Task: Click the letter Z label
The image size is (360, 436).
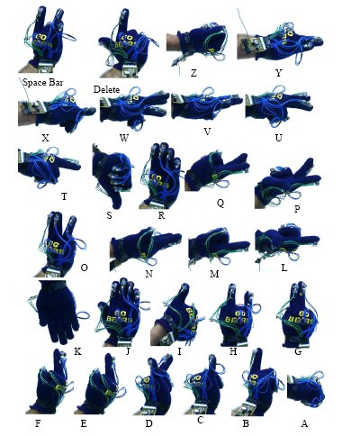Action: (193, 73)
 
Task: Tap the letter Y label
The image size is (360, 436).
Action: (279, 73)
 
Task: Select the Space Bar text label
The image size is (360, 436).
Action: (43, 82)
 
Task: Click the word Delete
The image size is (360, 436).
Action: (106, 89)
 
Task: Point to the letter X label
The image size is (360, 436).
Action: (45, 138)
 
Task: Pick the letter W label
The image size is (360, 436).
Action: (124, 138)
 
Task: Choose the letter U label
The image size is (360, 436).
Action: (279, 138)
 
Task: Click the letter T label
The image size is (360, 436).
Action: (64, 196)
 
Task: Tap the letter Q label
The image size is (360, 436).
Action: (220, 204)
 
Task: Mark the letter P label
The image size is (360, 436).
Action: (297, 209)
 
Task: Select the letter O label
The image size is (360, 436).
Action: (85, 268)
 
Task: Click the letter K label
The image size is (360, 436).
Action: (77, 351)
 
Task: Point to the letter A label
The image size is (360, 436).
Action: (304, 423)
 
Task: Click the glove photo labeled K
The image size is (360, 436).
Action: (57, 313)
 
